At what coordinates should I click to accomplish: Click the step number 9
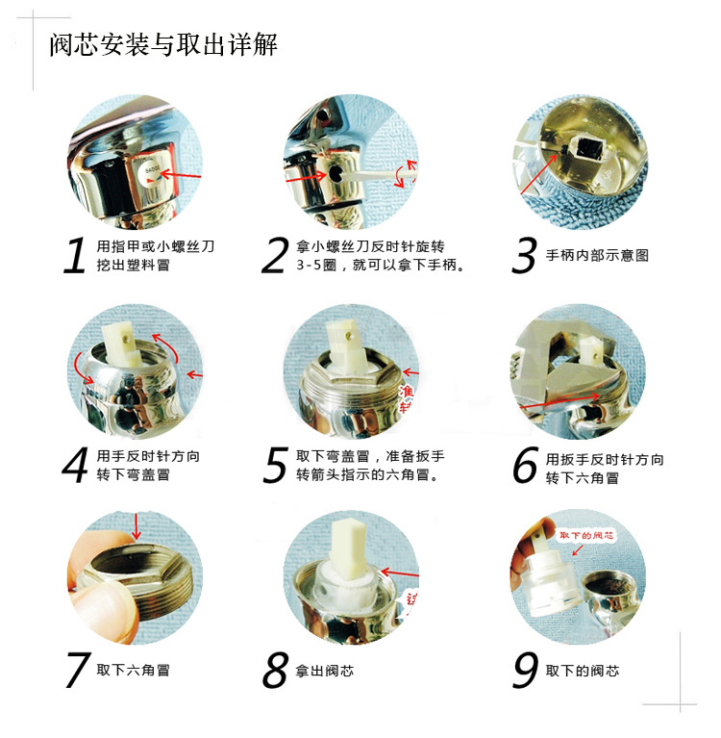coord(525,670)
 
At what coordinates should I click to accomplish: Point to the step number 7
coord(77,670)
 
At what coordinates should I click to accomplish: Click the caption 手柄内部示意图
coord(597,255)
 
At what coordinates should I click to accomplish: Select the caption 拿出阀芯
coord(326,670)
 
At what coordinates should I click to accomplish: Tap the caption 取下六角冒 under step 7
coord(134,670)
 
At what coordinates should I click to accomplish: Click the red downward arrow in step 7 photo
coord(137,525)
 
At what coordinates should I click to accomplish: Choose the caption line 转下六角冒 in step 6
coord(583,477)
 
